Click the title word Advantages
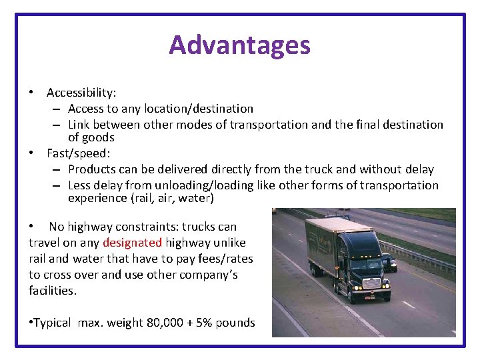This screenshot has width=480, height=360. (239, 45)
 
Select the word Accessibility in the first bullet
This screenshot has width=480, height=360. (81, 93)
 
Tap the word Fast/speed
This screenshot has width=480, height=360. (74, 153)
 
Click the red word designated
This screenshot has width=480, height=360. (132, 243)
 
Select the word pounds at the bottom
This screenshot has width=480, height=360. (240, 323)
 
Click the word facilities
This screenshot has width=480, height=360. (53, 291)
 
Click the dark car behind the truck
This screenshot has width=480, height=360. (388, 262)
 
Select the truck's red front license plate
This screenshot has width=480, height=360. (369, 297)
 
